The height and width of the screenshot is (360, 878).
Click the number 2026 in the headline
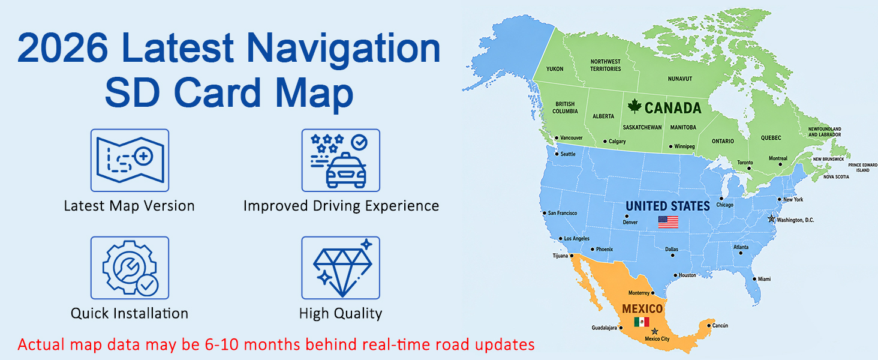tap(63, 47)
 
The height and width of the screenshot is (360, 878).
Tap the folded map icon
tap(130, 160)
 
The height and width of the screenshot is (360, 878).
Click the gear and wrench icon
tap(130, 268)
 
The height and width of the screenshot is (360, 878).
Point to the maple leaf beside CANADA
tap(635, 106)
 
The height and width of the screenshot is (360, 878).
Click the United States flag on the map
tap(668, 222)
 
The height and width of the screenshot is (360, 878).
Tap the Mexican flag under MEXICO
tap(642, 322)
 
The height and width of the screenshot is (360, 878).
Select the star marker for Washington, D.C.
tap(771, 218)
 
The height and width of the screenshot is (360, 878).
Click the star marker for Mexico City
tap(654, 331)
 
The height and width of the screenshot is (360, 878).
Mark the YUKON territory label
tap(555, 69)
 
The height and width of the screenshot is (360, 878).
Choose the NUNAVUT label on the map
tap(679, 79)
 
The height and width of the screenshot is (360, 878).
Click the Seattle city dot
tap(557, 154)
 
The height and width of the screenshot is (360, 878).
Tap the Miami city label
tap(764, 279)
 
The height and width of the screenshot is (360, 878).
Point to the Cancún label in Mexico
tap(720, 325)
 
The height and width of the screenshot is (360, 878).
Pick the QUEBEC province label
tap(771, 138)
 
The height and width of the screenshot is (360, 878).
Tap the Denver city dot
tap(627, 216)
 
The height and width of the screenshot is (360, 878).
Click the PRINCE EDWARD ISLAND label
tap(863, 167)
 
